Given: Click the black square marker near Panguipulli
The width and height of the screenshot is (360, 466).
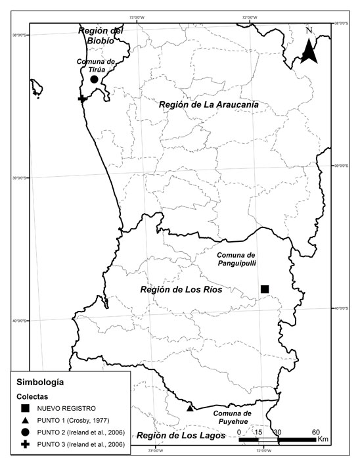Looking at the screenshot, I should (x=265, y=289).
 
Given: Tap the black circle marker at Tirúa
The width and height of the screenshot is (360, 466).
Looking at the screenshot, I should (x=94, y=79).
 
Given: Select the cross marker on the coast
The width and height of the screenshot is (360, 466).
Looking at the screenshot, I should (x=82, y=99).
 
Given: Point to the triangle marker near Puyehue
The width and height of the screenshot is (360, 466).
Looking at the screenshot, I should (x=190, y=408).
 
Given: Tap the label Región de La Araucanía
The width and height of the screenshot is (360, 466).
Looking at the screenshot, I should (x=208, y=105).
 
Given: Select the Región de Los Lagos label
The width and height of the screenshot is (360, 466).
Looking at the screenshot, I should (x=181, y=436).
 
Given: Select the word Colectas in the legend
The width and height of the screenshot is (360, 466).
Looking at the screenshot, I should (x=32, y=396).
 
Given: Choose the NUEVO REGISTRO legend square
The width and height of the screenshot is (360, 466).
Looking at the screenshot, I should (x=25, y=408).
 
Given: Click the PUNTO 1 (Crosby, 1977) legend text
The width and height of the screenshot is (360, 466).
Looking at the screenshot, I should (x=72, y=420).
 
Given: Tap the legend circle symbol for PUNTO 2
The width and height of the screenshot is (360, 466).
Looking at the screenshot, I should (x=25, y=432).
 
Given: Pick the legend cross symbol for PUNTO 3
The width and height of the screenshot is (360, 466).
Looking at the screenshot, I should (x=25, y=444).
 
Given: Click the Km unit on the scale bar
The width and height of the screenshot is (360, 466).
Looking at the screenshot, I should (x=323, y=438).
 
